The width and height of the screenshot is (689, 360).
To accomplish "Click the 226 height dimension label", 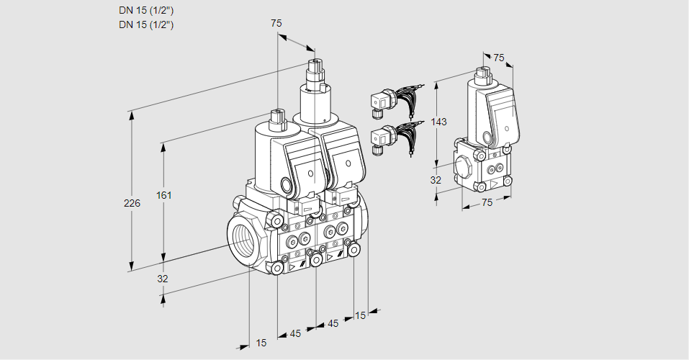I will (x=132, y=204).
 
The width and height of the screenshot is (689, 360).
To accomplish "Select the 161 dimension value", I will (x=165, y=195).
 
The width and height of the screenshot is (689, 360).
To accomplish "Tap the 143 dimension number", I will (x=438, y=122).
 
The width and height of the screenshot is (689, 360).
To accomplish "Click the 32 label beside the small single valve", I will (x=436, y=180).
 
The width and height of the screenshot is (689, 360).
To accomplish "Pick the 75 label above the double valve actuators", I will (x=276, y=23).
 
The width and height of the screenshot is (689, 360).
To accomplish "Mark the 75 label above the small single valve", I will (x=499, y=58).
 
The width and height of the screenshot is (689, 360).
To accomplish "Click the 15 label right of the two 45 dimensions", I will (x=360, y=315).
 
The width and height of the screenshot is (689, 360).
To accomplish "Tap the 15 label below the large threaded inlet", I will (x=261, y=343).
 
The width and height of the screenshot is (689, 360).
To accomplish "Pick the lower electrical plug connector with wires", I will (x=382, y=138).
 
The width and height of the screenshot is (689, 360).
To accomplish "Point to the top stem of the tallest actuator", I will (x=314, y=68).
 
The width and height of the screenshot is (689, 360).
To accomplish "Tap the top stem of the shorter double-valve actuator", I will (x=276, y=117).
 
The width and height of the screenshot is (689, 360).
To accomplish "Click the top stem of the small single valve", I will (x=482, y=73).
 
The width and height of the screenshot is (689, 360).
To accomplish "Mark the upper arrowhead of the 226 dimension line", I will (x=131, y=115).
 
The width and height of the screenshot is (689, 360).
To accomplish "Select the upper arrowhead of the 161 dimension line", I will (x=163, y=148).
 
